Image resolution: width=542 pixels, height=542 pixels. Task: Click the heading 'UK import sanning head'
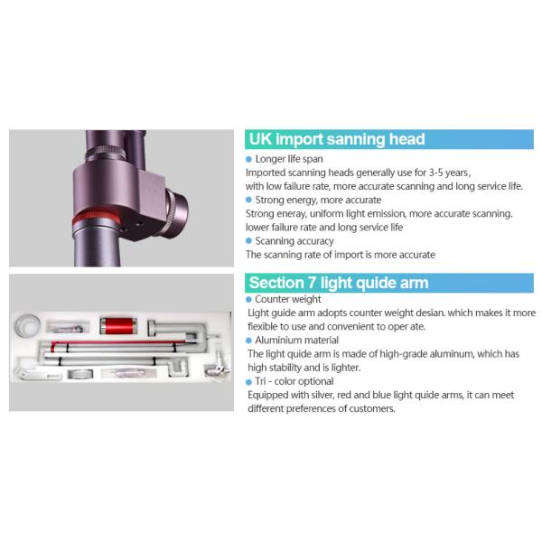tap(337, 139)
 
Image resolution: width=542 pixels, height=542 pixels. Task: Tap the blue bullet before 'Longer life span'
tap(249, 159)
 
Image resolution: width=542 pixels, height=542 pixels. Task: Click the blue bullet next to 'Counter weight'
tap(249, 299)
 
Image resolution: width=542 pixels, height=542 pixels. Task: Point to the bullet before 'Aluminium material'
tap(249, 341)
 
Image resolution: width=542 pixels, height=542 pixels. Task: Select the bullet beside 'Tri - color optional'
tap(249, 381)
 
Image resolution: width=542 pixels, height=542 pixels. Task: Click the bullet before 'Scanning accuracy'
tap(249, 241)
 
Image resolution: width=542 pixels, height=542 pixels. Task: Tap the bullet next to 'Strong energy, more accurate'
tap(249, 200)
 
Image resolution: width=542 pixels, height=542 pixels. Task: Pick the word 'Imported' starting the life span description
tap(269, 172)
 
